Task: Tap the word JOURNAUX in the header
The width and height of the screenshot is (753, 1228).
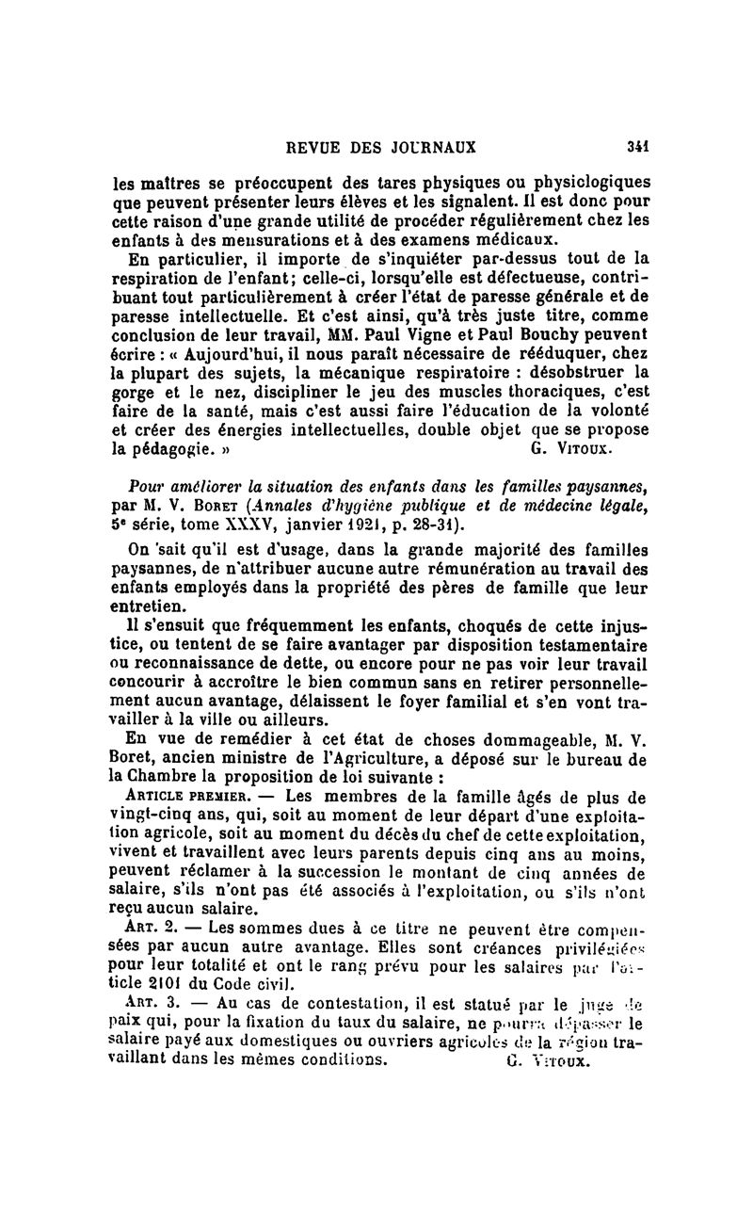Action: point(433,147)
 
